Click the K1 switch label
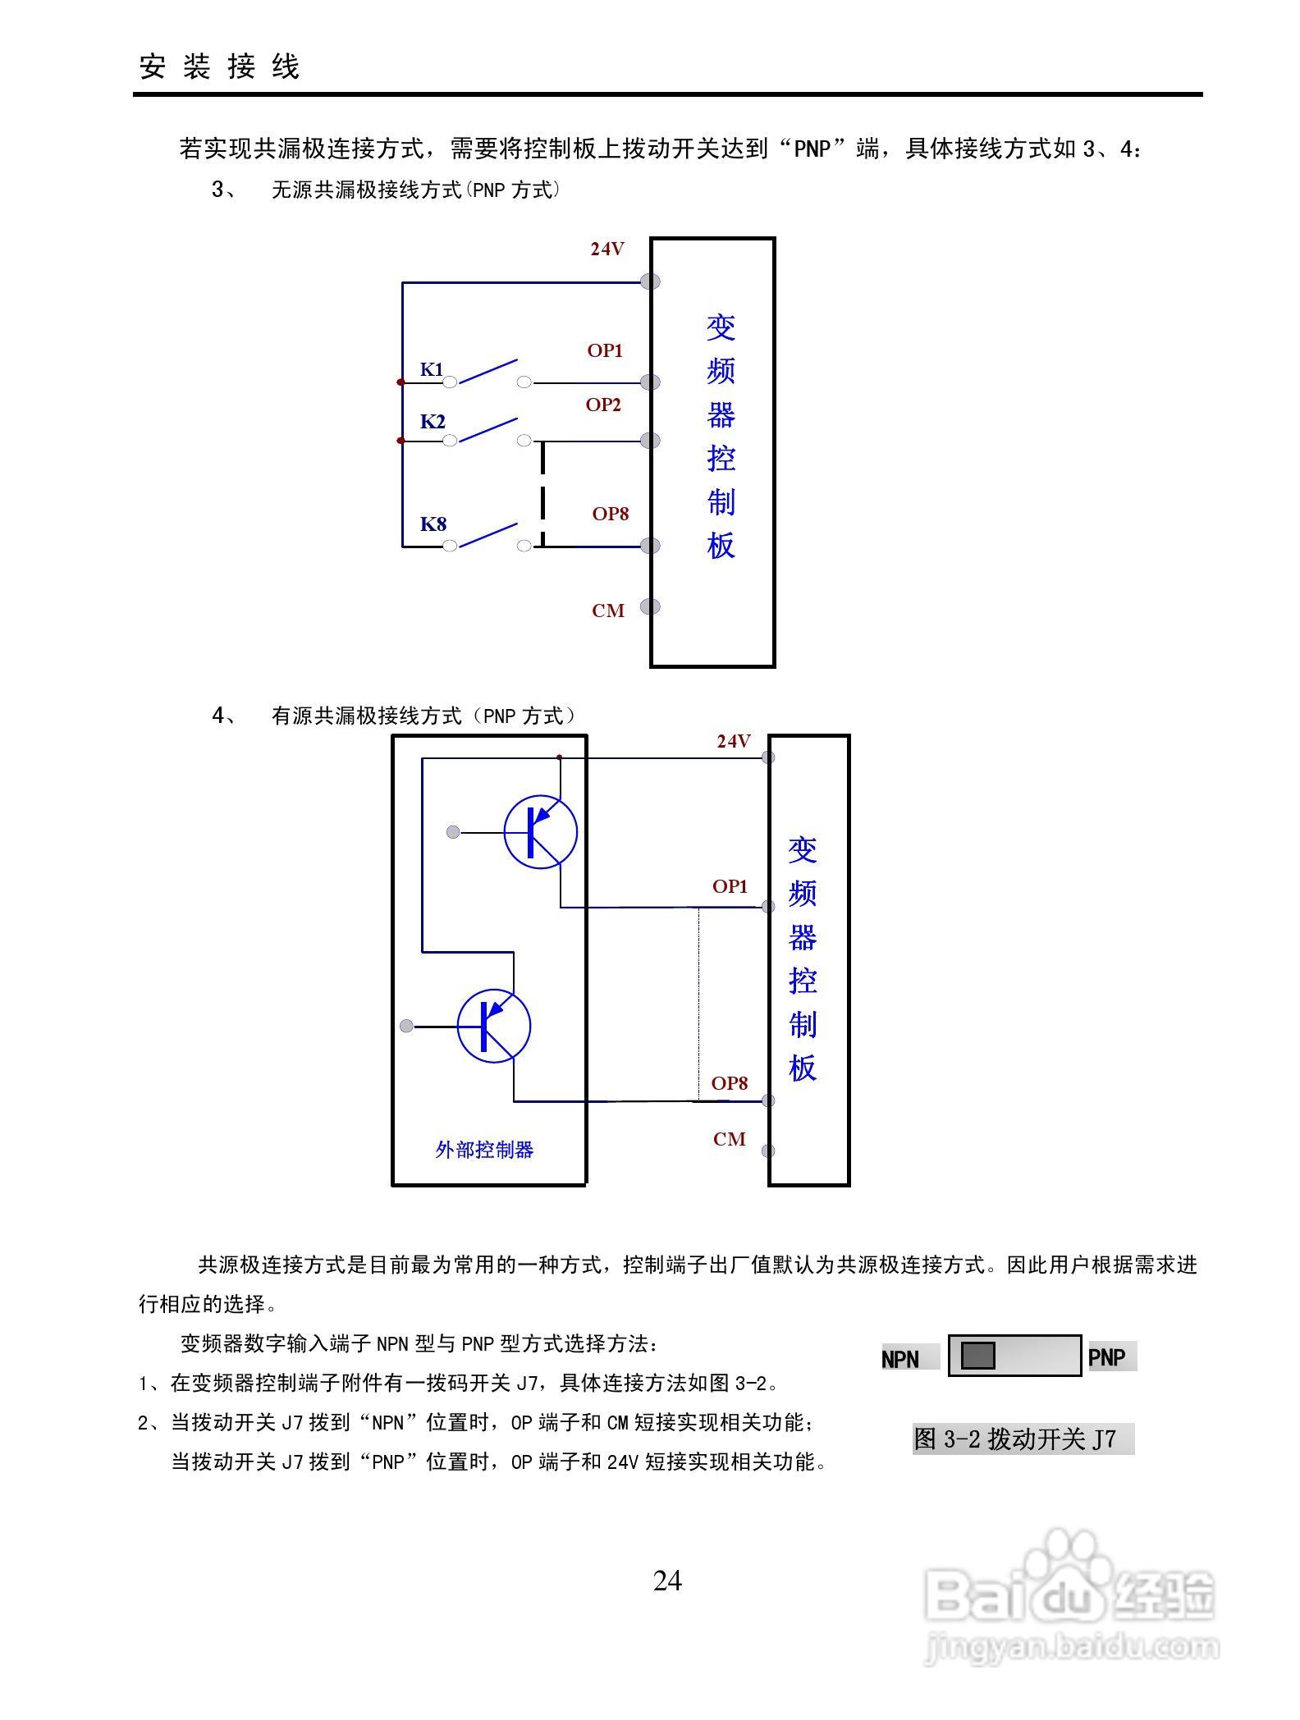pos(432,369)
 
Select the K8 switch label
pos(433,524)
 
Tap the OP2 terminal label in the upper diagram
pos(603,405)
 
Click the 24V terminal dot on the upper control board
pos(650,281)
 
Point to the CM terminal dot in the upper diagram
pos(650,606)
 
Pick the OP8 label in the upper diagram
pos(611,514)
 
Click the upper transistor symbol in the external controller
pos(540,832)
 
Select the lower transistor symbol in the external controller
pos(493,1026)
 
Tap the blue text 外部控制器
pos(484,1150)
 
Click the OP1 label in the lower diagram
pos(730,886)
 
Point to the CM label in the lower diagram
pos(729,1139)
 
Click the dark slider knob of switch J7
pos(977,1356)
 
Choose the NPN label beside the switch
pos(900,1359)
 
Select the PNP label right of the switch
pos(1106,1357)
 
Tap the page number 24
pos(667,1580)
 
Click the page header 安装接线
pos(219,66)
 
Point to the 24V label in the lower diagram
pos(733,741)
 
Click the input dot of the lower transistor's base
pos(406,1026)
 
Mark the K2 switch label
pos(433,422)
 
